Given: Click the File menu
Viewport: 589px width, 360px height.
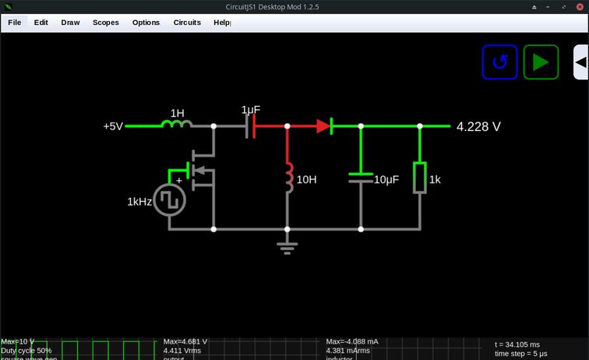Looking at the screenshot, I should point(14,23).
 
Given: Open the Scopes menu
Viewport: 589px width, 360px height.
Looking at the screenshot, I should point(105,23).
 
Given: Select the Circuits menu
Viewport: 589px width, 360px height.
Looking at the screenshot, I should point(187,23).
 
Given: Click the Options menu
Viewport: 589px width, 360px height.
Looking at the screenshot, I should point(146,23).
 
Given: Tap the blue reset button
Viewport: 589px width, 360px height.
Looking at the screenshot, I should point(499,62).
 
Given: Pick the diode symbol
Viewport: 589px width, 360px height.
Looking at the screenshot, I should point(324,125).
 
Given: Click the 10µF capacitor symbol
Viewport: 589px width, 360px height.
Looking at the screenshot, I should point(361,177).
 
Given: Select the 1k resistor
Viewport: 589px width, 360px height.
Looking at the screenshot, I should point(420,178).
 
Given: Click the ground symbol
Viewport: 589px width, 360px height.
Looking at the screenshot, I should point(287,248).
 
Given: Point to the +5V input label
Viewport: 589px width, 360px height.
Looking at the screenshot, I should point(113,125).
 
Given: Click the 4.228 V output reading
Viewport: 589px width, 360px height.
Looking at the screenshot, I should point(478,126).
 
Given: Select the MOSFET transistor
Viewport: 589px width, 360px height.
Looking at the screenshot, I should point(203,168).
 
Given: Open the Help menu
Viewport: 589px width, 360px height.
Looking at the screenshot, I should point(221,23).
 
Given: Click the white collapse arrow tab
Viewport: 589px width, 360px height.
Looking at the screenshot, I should point(580,62).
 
